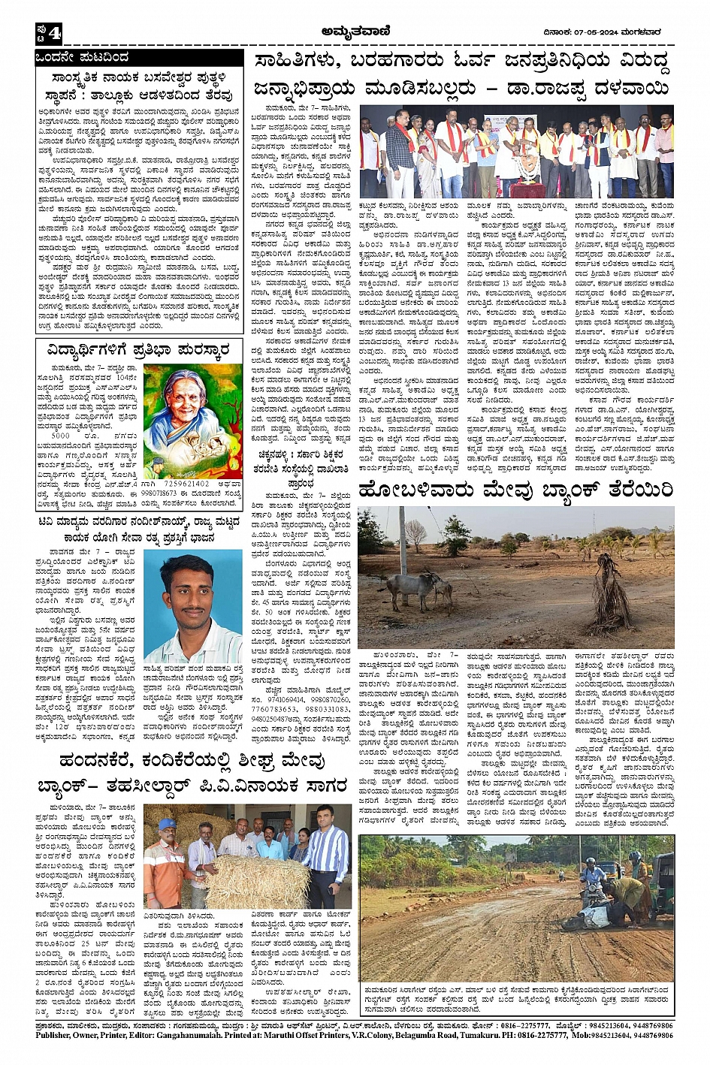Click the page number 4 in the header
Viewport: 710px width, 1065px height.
[55, 33]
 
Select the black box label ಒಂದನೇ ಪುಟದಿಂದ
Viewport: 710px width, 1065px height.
[83, 58]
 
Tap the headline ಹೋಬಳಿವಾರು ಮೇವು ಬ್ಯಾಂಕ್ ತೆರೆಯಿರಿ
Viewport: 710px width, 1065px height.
[515, 490]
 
